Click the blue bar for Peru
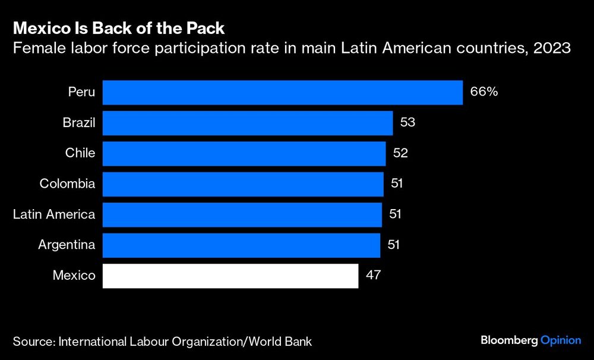(x=283, y=93)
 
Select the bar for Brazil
(x=248, y=123)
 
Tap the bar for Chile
(x=244, y=153)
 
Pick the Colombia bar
(x=243, y=184)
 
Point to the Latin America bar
(x=242, y=214)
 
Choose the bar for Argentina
(x=241, y=245)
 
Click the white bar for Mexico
(x=230, y=276)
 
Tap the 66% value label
(x=484, y=93)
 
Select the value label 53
(x=407, y=123)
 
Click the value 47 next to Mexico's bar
(x=373, y=276)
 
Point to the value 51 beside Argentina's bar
(x=393, y=245)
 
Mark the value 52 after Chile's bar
(x=400, y=153)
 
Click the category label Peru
(x=81, y=93)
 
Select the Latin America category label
(x=54, y=214)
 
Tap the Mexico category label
(x=74, y=276)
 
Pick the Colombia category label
(x=67, y=184)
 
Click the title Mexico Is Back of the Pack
(x=119, y=28)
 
